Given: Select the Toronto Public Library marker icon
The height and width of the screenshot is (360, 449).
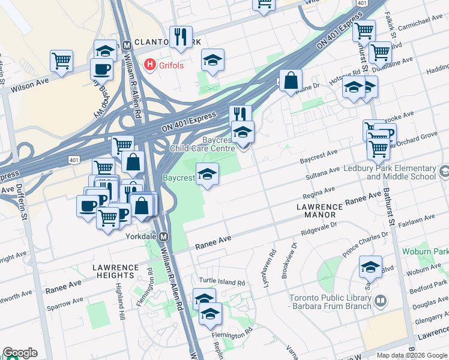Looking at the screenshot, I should (379, 300).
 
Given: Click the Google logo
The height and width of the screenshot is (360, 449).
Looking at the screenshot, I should (20, 353).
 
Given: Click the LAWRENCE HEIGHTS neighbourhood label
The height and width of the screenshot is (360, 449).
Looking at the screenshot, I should (114, 271).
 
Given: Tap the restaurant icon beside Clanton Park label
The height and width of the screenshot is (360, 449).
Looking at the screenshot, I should (180, 37).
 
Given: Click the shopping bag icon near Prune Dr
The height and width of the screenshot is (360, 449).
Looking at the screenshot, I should (290, 80).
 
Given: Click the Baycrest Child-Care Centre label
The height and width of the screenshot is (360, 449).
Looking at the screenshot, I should (202, 144).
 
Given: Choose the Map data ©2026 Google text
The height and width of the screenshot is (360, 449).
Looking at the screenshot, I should (412, 355).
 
